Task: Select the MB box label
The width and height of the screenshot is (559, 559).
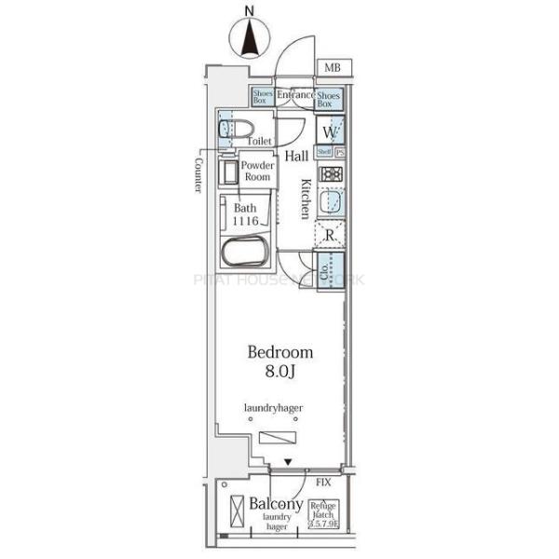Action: point(333,68)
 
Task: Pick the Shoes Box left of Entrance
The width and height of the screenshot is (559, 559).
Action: point(262,97)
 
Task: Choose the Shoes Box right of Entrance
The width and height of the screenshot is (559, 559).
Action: point(328,99)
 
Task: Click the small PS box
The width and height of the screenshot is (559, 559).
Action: point(340,152)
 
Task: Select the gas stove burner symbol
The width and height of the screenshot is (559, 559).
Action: point(330,173)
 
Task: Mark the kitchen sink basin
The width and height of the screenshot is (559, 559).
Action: point(331,202)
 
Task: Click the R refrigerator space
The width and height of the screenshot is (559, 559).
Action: point(330,234)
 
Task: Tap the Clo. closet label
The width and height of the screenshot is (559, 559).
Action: point(325,270)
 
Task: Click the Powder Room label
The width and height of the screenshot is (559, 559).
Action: point(257,171)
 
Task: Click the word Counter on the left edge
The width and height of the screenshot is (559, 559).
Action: point(199,173)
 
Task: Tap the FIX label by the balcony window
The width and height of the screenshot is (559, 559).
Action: point(323,482)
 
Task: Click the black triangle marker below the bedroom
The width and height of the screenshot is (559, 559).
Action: point(288,462)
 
